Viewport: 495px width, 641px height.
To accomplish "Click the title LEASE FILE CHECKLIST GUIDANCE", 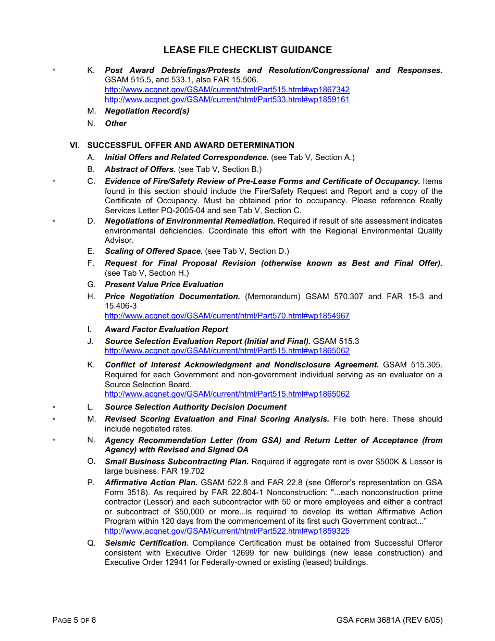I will pos(247,50).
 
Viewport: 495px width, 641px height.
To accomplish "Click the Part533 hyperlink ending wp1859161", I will pos(227,99).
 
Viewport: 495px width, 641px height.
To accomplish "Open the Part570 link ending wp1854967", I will pos(227,316).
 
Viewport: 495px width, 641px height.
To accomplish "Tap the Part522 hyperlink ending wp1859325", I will pos(227,531).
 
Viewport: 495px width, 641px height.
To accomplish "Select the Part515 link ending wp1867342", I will pos(227,90).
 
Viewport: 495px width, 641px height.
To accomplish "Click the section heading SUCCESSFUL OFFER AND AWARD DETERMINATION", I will pos(191,145).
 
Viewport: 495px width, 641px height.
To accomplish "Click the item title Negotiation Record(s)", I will pos(147,111).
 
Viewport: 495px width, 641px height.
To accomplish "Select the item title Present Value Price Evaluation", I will pos(164,285).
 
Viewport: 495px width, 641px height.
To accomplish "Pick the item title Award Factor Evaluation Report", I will pos(166,329).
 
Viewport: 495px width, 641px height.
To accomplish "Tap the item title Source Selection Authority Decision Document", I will pos(195,407).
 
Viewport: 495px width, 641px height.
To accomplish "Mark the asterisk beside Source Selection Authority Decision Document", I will pos(54,408).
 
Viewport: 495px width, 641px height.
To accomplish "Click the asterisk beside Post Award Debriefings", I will pos(54,71).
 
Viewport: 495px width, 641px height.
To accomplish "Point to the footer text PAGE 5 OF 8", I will pos(74,620).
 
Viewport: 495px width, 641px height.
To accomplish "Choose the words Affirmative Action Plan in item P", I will pos(151,483).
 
